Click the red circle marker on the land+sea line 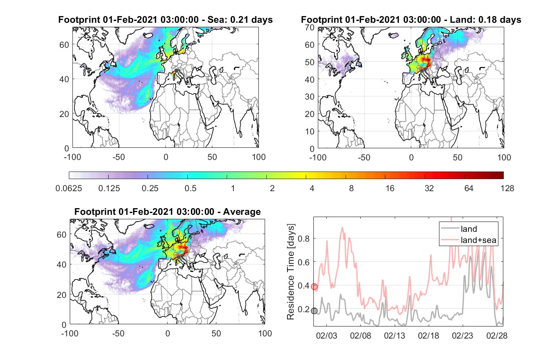(x=314, y=286)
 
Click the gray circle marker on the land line (x=314, y=311)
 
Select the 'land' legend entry (x=459, y=229)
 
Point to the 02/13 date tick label (x=395, y=335)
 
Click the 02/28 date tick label (x=497, y=335)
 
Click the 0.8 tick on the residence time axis (x=304, y=239)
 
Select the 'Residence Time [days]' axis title (x=291, y=272)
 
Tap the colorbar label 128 (x=507, y=188)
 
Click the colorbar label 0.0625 (x=69, y=188)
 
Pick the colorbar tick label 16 (x=390, y=188)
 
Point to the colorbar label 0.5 (x=190, y=188)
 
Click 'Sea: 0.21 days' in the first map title (x=240, y=20)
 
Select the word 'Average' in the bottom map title (x=242, y=212)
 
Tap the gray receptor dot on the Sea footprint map (x=176, y=71)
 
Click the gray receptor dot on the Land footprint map (x=422, y=71)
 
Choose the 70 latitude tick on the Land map (x=310, y=27)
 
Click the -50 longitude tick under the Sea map (x=119, y=157)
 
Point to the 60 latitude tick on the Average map (x=61, y=234)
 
